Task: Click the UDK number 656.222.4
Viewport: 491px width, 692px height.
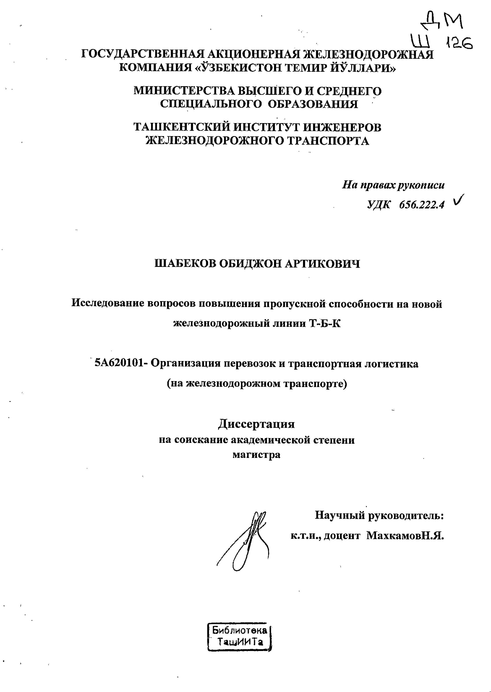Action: pyautogui.click(x=422, y=205)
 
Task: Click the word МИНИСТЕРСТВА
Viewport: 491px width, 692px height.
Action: pyautogui.click(x=184, y=91)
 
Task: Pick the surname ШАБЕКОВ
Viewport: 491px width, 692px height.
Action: pyautogui.click(x=185, y=264)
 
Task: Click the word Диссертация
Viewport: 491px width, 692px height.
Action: pyautogui.click(x=256, y=424)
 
